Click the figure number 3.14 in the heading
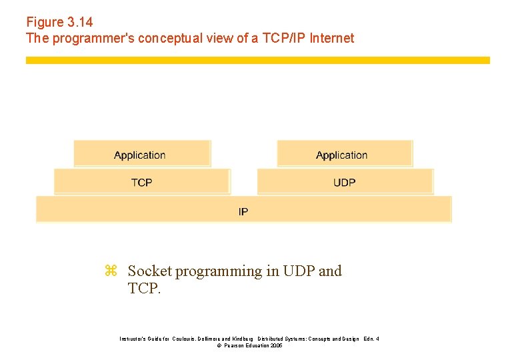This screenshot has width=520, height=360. pyautogui.click(x=79, y=23)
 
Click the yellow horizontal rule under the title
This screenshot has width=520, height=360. pyautogui.click(x=257, y=60)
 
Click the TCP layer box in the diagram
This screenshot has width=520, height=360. pyautogui.click(x=141, y=182)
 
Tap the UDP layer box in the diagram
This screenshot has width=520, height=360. pyautogui.click(x=344, y=182)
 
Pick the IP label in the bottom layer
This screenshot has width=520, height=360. pyautogui.click(x=243, y=211)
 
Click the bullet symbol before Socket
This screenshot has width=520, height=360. pyautogui.click(x=111, y=271)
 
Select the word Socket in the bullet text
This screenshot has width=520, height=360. pyautogui.click(x=149, y=271)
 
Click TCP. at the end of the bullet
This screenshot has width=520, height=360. pyautogui.click(x=144, y=288)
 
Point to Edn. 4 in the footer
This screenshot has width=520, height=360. pyautogui.click(x=371, y=339)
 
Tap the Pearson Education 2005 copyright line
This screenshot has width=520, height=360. pyautogui.click(x=250, y=346)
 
